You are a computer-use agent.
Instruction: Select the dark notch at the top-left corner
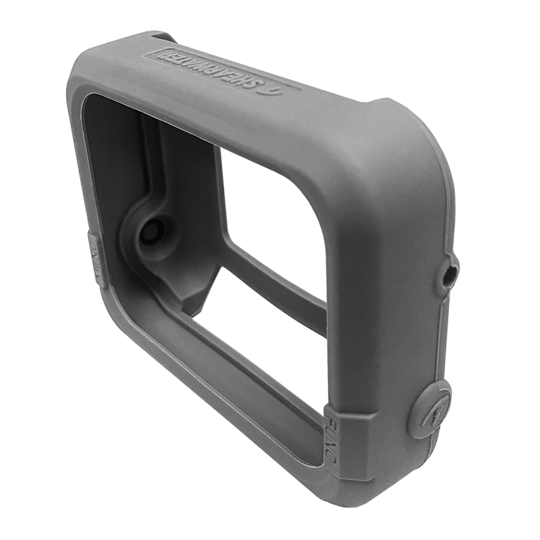162,34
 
